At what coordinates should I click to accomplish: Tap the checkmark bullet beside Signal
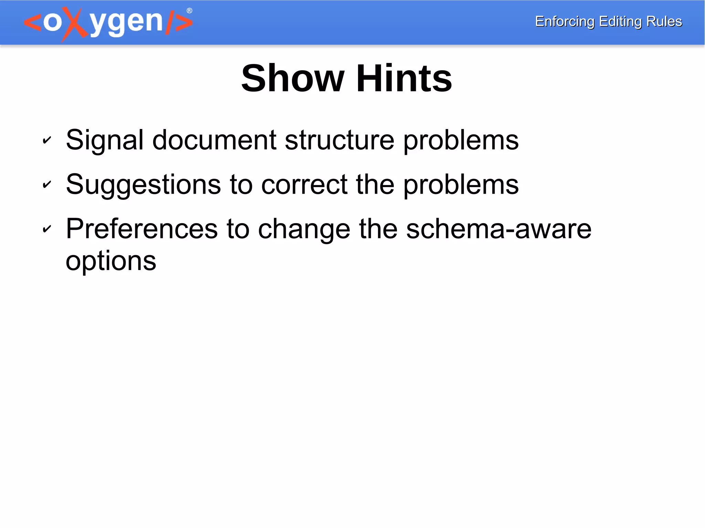pos(47,140)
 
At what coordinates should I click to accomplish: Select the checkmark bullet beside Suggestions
pos(47,184)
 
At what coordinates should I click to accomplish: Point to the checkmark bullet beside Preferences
pos(47,229)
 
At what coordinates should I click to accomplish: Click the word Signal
pos(105,140)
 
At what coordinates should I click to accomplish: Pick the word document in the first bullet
pos(214,140)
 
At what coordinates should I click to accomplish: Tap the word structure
pos(339,140)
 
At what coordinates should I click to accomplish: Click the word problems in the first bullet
pos(461,141)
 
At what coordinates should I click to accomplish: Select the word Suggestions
pos(143,185)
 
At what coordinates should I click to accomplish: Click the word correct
pos(304,184)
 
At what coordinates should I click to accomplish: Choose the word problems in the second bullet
pos(461,186)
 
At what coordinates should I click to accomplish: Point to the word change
pos(304,230)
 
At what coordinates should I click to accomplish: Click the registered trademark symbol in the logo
pos(189,11)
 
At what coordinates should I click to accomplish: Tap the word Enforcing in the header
pos(565,22)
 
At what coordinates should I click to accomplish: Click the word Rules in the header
pos(664,21)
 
